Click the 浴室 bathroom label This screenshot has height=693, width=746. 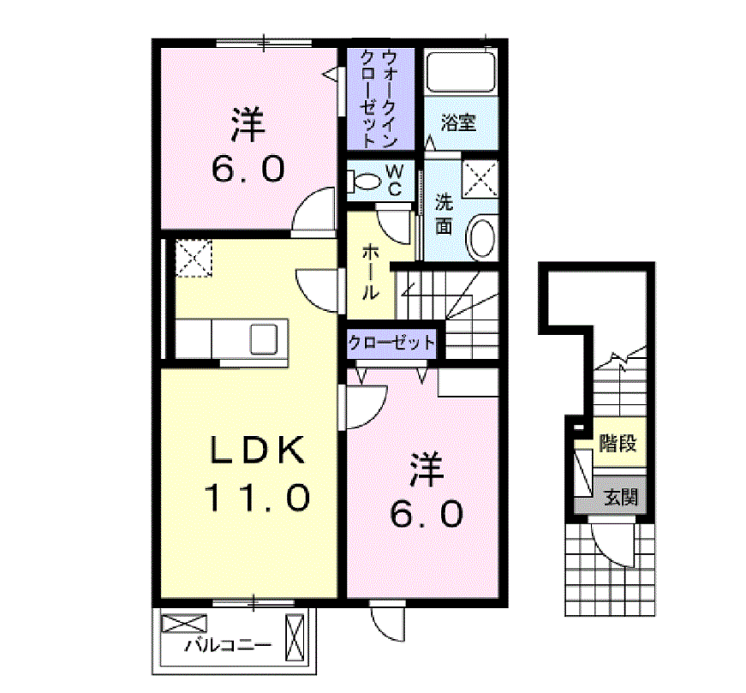457,122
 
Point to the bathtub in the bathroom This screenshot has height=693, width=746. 462,73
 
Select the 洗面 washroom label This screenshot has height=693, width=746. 444,214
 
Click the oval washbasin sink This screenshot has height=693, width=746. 483,237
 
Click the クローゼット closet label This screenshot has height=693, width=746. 391,344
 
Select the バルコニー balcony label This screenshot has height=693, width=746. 229,646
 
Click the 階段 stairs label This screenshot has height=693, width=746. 617,444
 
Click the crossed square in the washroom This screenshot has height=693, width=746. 481,179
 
